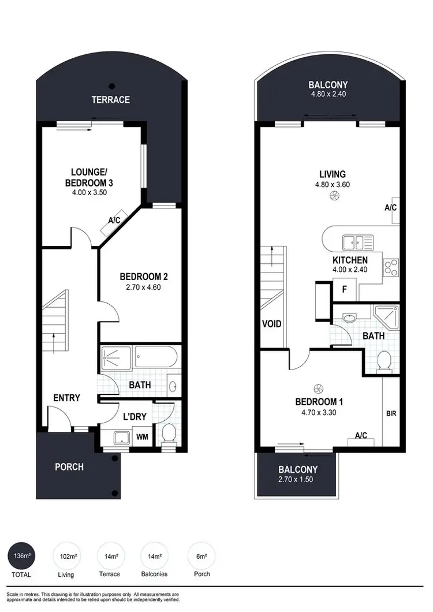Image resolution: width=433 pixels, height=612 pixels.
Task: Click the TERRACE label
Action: coord(111,99)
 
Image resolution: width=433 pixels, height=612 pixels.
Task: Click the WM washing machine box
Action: coord(142,438)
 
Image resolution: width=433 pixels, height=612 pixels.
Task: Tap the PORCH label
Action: coord(69,467)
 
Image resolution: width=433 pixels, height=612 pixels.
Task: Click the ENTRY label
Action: coord(66,398)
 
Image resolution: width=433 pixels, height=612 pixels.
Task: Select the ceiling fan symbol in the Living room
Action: coord(333,196)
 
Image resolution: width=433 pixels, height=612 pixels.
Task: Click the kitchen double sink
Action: coord(352,241)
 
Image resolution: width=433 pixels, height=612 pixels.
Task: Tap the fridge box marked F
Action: coord(344,290)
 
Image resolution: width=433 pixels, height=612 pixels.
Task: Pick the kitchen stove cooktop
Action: coord(391,267)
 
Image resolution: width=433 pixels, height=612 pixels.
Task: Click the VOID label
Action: coord(271,324)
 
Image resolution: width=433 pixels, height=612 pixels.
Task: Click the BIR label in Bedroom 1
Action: coord(391,414)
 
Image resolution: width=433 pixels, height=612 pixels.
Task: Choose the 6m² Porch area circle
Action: coord(201,557)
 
